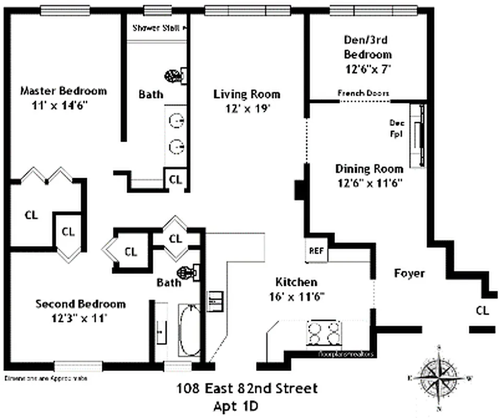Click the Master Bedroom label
pyautogui.click(x=63, y=91)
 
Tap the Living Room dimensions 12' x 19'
pyautogui.click(x=247, y=109)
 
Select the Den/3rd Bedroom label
pyautogui.click(x=367, y=47)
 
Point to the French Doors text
pyautogui.click(x=363, y=93)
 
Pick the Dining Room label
pyautogui.click(x=369, y=169)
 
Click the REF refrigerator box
pyautogui.click(x=316, y=251)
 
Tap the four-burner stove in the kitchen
pyautogui.click(x=324, y=333)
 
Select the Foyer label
pyautogui.click(x=409, y=273)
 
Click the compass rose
pyautogui.click(x=439, y=375)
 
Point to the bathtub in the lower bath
pyautogui.click(x=189, y=330)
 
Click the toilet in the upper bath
pyautogui.click(x=175, y=76)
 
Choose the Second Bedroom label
pyautogui.click(x=80, y=304)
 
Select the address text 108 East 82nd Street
pyautogui.click(x=247, y=389)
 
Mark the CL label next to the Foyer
pyautogui.click(x=482, y=310)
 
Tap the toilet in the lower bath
pyautogui.click(x=187, y=272)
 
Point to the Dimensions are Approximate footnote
pyautogui.click(x=46, y=377)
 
